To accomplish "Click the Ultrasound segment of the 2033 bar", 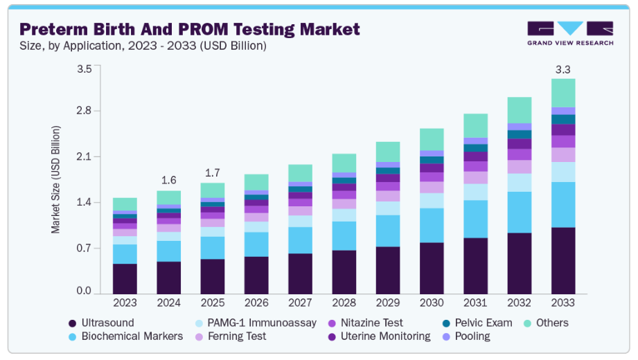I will (563, 260).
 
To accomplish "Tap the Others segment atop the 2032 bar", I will (520, 110).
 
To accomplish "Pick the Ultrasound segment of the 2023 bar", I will (125, 278).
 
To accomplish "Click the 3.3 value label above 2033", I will (563, 69).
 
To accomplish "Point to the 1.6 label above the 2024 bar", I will (168, 180).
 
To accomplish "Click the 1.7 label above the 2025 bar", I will (212, 172).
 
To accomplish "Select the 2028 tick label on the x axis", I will (344, 303).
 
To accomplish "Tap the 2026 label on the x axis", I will (256, 303).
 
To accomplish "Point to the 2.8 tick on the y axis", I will (84, 111).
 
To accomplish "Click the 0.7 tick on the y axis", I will (84, 248).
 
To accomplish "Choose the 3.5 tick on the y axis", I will (84, 69).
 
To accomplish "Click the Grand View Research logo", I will (569, 33).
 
